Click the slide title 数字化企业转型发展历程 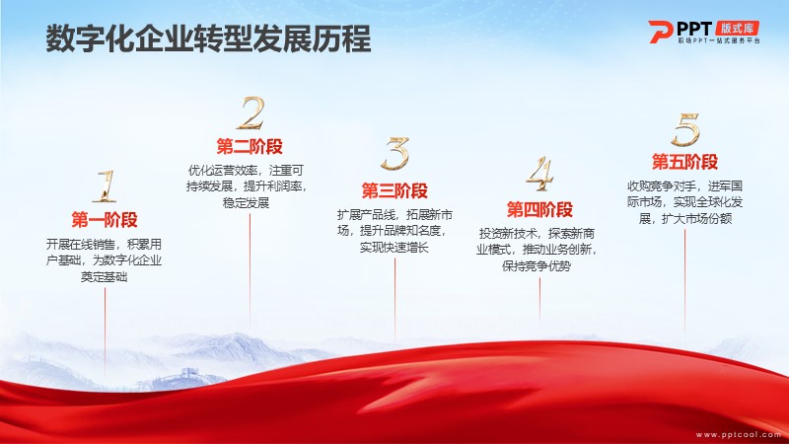[208, 38]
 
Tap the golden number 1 [106, 186]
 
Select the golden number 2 [251, 112]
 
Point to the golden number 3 [395, 154]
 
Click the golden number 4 [539, 174]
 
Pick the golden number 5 [685, 129]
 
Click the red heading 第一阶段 [105, 220]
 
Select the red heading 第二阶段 [250, 147]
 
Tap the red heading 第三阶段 [394, 190]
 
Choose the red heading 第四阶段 [539, 210]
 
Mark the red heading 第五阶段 [684, 162]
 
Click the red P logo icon [660, 32]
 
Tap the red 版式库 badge [737, 29]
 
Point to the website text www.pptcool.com [738, 434]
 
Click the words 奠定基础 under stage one [105, 277]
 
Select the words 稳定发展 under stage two [246, 203]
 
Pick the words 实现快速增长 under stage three [394, 248]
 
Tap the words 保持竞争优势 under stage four [537, 265]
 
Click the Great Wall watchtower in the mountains [188, 374]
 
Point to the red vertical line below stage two [251, 264]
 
